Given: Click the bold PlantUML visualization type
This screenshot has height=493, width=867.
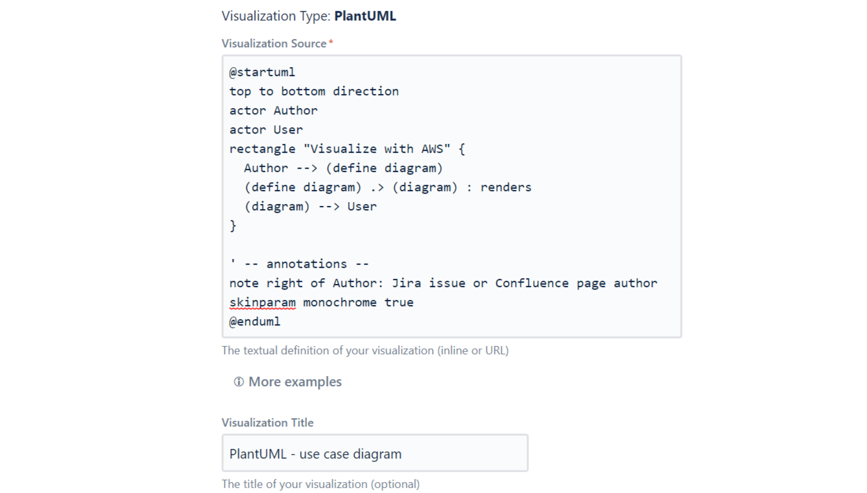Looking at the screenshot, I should click(x=365, y=16).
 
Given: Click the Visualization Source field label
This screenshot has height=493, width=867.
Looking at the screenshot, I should click(x=274, y=43).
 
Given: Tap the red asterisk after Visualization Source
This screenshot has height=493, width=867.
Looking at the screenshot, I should click(x=331, y=43).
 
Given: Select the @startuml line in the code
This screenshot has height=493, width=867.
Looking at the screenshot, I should click(x=262, y=72).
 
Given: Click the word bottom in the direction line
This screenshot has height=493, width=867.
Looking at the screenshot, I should click(x=303, y=91).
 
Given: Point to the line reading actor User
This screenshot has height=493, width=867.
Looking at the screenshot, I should click(x=266, y=130).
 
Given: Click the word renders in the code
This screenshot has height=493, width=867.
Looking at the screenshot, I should click(x=505, y=187).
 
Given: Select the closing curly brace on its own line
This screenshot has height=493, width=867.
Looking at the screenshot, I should click(x=233, y=226).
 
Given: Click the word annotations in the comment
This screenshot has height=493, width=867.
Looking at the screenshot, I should click(x=306, y=264).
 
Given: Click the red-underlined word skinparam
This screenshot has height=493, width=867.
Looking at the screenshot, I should click(x=262, y=302).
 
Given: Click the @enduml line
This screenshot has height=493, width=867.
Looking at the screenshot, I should click(x=255, y=322).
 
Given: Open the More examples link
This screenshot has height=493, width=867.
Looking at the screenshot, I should click(x=295, y=382).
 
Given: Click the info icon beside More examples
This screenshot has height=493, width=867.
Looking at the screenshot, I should click(x=239, y=382).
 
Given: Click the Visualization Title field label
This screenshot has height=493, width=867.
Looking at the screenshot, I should click(x=267, y=423).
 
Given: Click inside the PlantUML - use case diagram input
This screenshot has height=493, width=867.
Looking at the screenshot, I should click(x=374, y=453).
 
